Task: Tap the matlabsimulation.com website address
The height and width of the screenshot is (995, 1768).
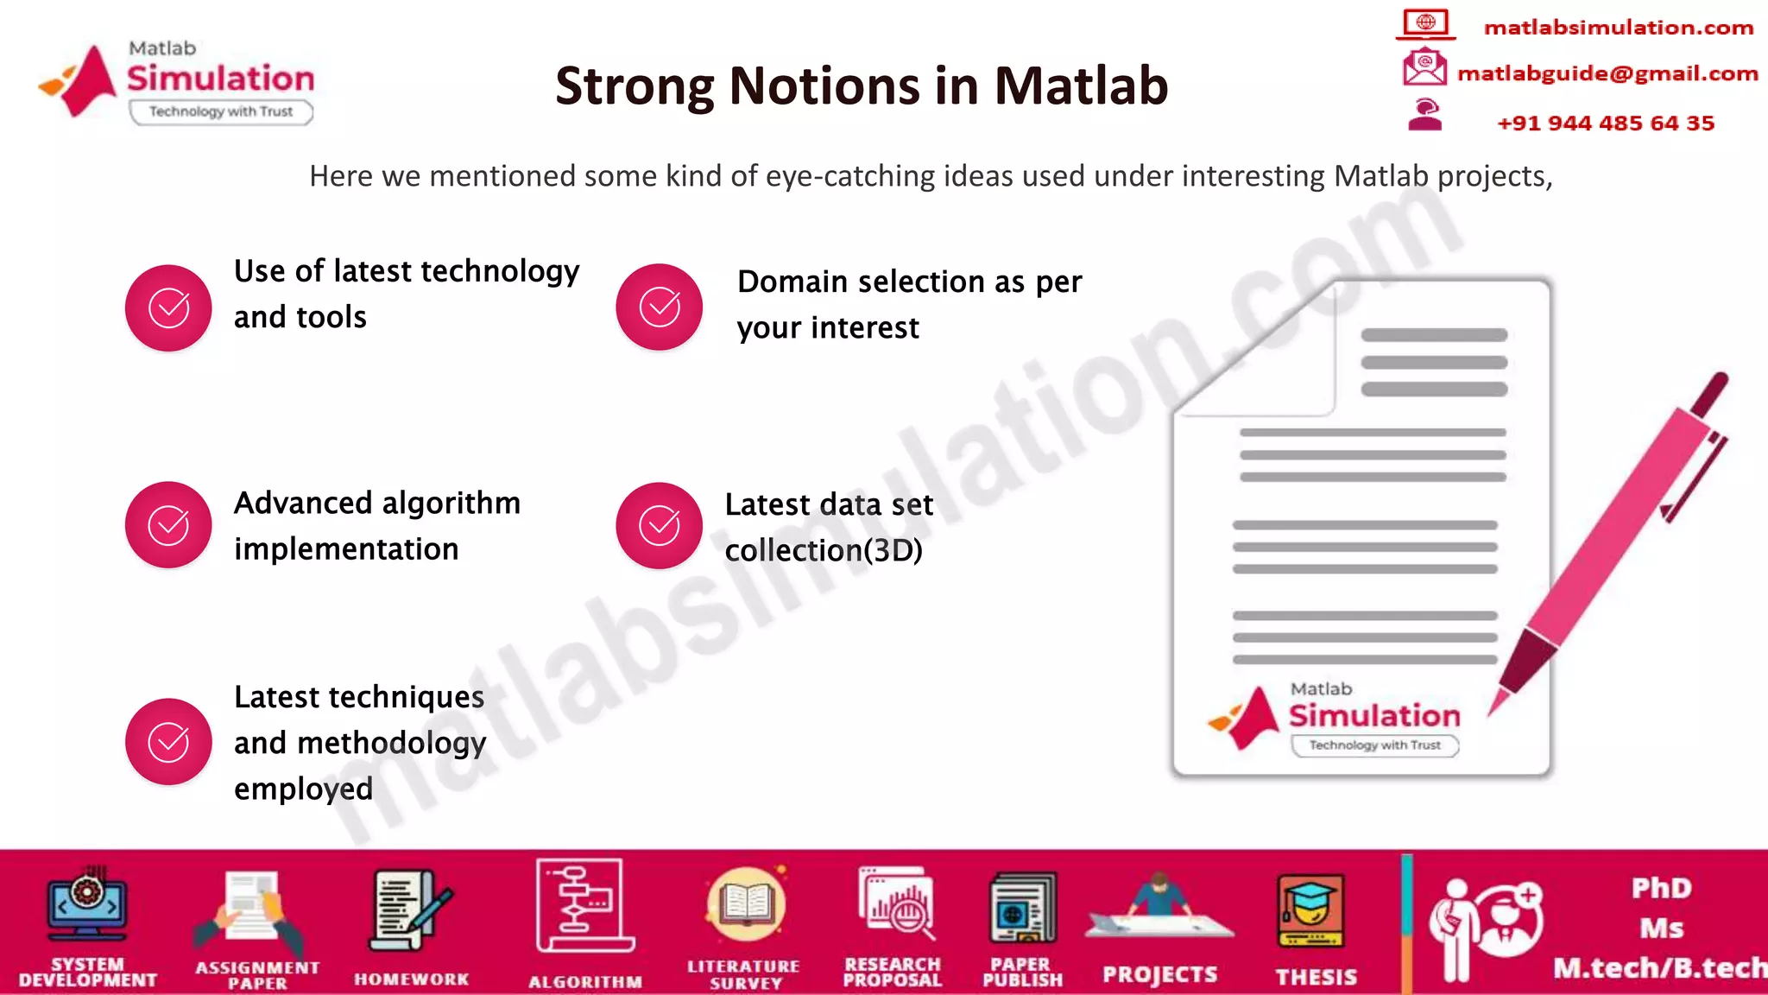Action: [1618, 28]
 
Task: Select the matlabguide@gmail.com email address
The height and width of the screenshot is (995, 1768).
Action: [1607, 73]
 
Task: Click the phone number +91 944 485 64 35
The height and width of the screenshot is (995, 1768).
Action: [1605, 124]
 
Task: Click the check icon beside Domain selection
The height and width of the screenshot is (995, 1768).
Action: [660, 307]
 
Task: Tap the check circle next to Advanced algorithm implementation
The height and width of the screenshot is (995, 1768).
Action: [168, 525]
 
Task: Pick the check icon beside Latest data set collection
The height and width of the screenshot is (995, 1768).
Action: [660, 525]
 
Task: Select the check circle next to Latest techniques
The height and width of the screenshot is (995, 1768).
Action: [168, 742]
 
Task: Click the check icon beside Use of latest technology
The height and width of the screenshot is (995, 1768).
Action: [168, 307]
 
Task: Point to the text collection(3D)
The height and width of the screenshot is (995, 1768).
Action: [824, 550]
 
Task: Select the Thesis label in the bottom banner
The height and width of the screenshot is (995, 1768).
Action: [1316, 977]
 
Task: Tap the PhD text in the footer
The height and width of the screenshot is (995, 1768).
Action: [1661, 888]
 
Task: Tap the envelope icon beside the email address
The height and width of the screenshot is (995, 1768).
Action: [1424, 67]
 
